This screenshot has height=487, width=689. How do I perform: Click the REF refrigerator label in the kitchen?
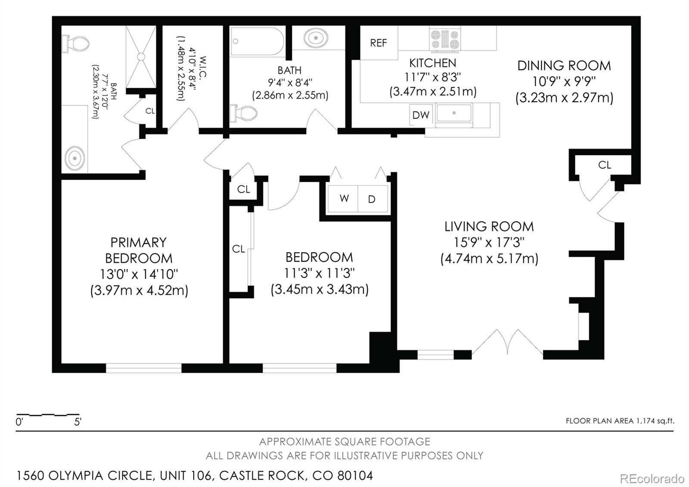click(x=378, y=43)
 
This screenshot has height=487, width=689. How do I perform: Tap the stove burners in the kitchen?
click(x=445, y=39)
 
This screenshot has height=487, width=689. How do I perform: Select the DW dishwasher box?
click(x=421, y=115)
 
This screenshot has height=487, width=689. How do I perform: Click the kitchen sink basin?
click(x=454, y=113)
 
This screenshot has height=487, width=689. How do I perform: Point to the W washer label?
click(x=344, y=198)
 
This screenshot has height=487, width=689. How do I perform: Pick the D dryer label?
click(x=372, y=199)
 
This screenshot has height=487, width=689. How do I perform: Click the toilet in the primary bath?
click(x=76, y=44)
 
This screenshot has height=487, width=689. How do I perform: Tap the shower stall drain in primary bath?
click(x=140, y=56)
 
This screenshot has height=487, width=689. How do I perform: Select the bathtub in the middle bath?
click(x=257, y=41)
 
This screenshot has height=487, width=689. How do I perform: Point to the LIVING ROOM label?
click(x=489, y=226)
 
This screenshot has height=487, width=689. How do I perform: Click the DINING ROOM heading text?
click(x=564, y=66)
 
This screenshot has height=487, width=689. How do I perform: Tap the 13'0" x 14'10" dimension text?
click(x=139, y=274)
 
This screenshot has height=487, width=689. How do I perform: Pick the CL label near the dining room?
click(x=604, y=165)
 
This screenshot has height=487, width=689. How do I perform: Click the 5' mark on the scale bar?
click(x=78, y=421)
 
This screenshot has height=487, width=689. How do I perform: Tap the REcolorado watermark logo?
click(x=652, y=478)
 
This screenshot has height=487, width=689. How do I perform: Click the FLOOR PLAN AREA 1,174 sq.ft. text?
click(x=620, y=421)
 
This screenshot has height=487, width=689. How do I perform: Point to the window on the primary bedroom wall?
click(x=143, y=368)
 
